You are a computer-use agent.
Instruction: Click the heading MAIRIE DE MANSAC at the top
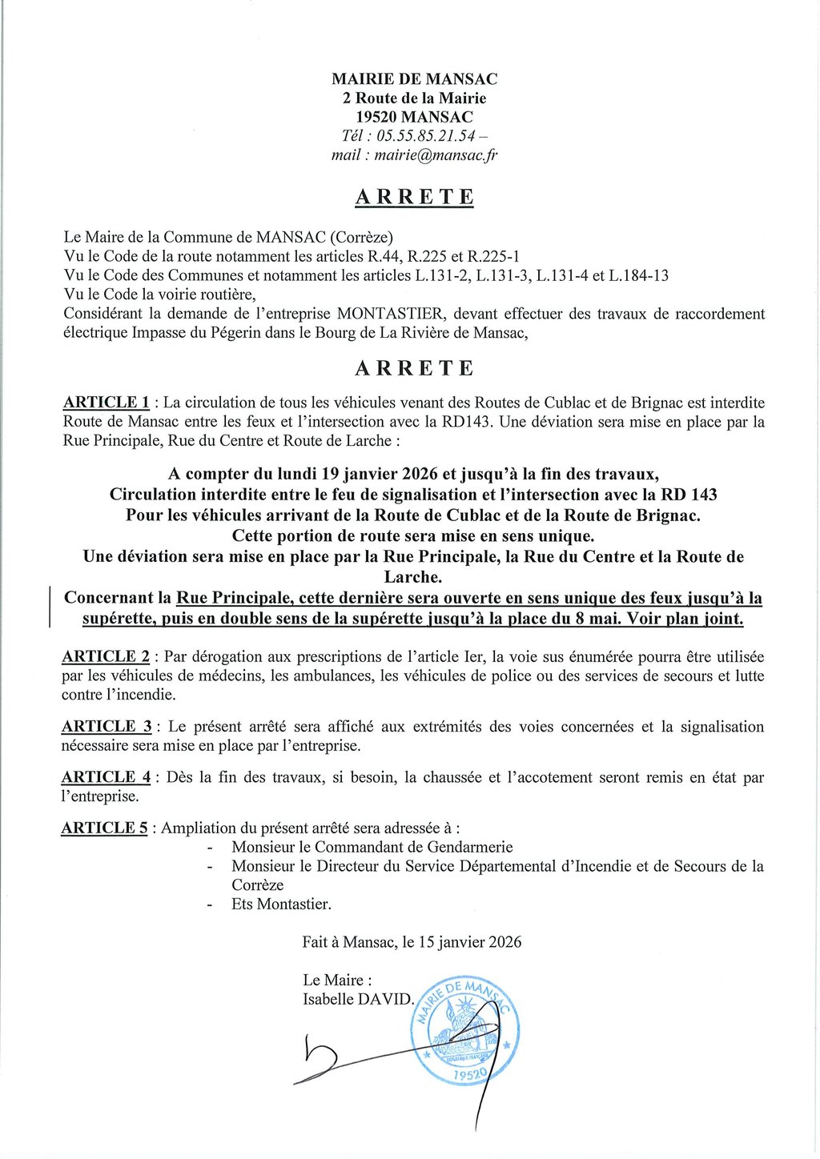[x=414, y=79]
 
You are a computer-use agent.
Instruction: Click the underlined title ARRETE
[x=414, y=198]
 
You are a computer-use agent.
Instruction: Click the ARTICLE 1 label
[x=107, y=403]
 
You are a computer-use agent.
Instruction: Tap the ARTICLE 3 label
[x=107, y=727]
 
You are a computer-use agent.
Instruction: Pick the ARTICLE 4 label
[x=106, y=777]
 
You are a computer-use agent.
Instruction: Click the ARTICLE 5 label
[x=104, y=828]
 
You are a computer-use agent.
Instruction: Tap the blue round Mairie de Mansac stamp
[x=464, y=1031]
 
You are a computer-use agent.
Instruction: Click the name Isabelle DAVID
[x=357, y=999]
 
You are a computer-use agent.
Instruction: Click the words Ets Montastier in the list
[x=281, y=904]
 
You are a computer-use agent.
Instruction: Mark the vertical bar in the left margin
[x=50, y=606]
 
